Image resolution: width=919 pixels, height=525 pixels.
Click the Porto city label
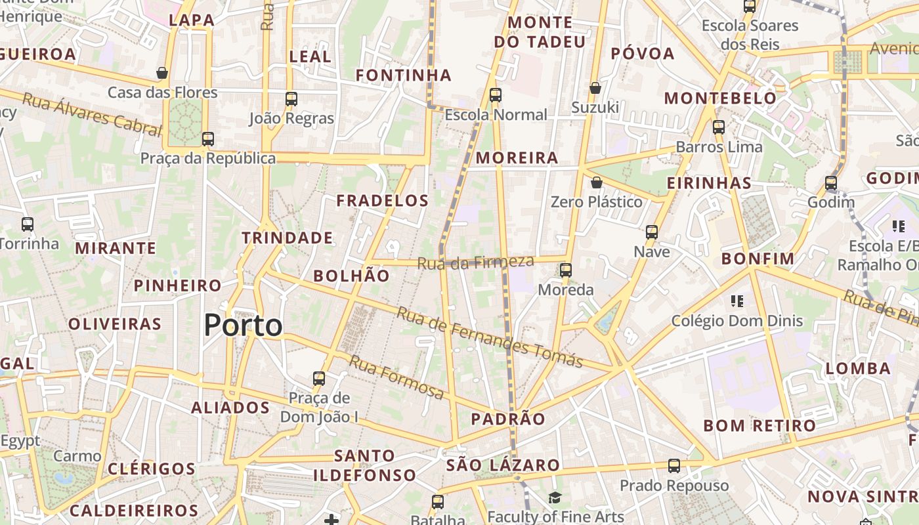coord(243,325)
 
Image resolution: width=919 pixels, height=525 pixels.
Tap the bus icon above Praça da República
coord(208,139)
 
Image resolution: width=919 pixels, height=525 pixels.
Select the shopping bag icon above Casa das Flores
coord(162,73)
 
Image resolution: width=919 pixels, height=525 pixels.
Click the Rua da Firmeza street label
coord(476,262)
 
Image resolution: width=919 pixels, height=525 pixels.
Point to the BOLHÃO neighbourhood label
coord(351,276)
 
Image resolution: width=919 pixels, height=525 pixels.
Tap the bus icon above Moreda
coord(565,270)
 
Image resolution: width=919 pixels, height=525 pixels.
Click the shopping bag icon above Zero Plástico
coord(596,182)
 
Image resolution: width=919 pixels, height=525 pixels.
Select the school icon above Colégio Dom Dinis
coord(737,301)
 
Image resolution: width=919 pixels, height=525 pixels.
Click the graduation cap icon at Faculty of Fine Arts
coord(555,497)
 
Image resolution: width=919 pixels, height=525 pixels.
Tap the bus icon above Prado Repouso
coord(674,466)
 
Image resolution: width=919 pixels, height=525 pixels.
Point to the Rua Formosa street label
coord(396,377)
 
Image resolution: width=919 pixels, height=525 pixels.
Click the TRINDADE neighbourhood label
coord(288,238)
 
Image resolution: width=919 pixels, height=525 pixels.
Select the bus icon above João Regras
coord(291,99)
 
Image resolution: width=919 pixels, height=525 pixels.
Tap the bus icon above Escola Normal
coord(496,95)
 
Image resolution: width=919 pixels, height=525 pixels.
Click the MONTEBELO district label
coord(720,98)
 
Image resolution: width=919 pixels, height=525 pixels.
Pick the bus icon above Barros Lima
coord(719,127)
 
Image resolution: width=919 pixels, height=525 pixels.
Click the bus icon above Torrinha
coord(28,224)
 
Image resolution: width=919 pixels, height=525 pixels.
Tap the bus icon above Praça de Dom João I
coord(319,379)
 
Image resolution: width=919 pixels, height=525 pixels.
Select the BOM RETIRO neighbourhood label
coord(759,425)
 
